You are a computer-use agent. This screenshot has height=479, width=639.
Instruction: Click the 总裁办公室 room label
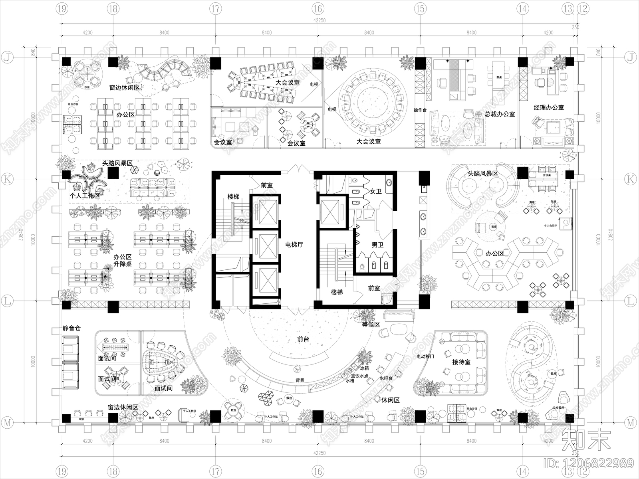tap(500, 114)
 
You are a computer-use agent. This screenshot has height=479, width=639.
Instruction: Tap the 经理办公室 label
tap(549, 107)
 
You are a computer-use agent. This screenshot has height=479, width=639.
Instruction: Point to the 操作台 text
tap(420, 110)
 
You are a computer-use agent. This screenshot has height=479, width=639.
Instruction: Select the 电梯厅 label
tap(294, 244)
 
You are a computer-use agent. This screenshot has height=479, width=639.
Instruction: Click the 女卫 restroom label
tap(376, 192)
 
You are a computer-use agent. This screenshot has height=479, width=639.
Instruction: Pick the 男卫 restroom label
tap(377, 244)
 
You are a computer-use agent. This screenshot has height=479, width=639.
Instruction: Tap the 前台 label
tap(303, 339)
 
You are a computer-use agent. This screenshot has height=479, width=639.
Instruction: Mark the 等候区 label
tap(371, 325)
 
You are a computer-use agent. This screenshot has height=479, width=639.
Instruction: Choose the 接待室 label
tap(461, 362)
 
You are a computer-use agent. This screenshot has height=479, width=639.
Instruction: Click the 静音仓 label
tap(71, 328)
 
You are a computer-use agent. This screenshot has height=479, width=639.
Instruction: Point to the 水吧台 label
tap(386, 378)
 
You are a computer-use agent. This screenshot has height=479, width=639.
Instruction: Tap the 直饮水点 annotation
tap(359, 376)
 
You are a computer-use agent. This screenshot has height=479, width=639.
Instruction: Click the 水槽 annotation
tap(350, 381)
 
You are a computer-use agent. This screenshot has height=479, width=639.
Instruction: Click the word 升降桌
tap(123, 264)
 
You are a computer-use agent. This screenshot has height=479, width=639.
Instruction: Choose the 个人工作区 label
tap(85, 196)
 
